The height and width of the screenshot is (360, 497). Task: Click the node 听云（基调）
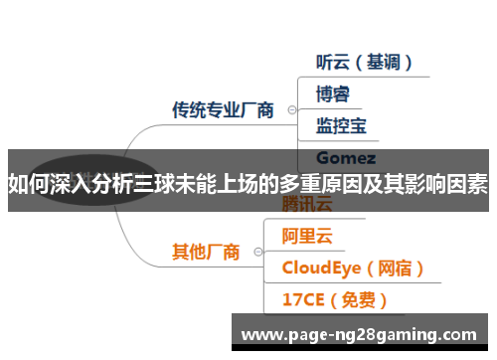[x=364, y=62]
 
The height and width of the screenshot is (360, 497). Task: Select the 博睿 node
[x=333, y=94]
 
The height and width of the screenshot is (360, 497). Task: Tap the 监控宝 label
[x=341, y=126]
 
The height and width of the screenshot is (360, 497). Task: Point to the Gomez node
[x=345, y=157]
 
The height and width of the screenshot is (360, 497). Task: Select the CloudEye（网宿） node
[x=354, y=268]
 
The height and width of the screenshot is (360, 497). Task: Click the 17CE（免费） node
[x=334, y=298]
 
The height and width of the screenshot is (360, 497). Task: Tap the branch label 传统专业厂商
[x=223, y=109]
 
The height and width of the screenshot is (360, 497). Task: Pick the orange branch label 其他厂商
[x=206, y=252]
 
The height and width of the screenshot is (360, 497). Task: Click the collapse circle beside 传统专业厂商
[x=290, y=110]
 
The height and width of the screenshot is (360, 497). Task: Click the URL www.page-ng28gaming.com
[x=359, y=334]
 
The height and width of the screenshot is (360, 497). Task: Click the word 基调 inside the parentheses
[x=379, y=62]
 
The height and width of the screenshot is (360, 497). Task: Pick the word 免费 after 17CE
[x=351, y=298]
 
